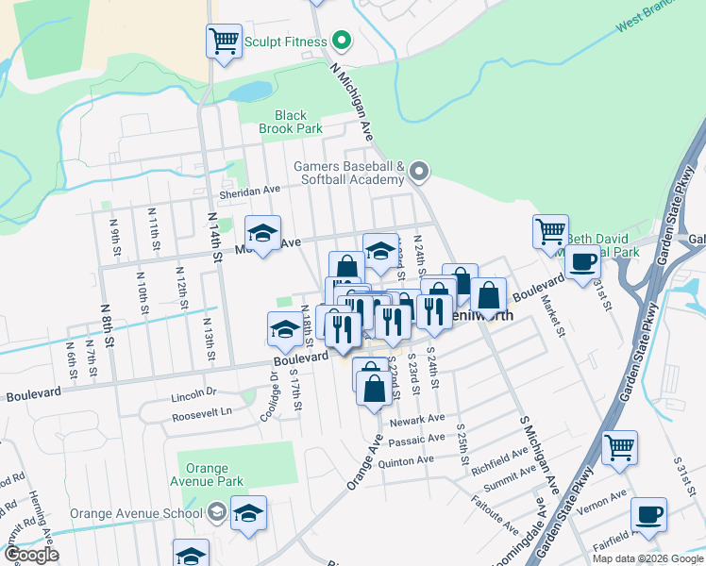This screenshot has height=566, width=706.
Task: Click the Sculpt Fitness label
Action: pyautogui.click(x=285, y=42)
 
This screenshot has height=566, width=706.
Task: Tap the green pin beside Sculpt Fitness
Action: pyautogui.click(x=342, y=42)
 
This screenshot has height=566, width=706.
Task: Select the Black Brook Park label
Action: pyautogui.click(x=292, y=123)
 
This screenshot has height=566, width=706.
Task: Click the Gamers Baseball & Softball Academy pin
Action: pyautogui.click(x=420, y=172)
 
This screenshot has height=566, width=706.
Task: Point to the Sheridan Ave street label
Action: pyautogui.click(x=250, y=190)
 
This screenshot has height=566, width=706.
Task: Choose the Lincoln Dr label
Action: pyautogui.click(x=194, y=392)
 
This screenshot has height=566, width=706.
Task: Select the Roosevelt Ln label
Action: pyautogui.click(x=200, y=412)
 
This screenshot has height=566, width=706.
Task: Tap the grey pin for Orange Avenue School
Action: pyautogui.click(x=215, y=514)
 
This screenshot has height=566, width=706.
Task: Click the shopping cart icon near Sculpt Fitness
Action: pyautogui.click(x=224, y=41)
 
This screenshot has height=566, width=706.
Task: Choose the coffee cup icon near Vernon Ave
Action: pyautogui.click(x=648, y=514)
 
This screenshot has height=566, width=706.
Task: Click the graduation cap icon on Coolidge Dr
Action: pyautogui.click(x=285, y=328)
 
